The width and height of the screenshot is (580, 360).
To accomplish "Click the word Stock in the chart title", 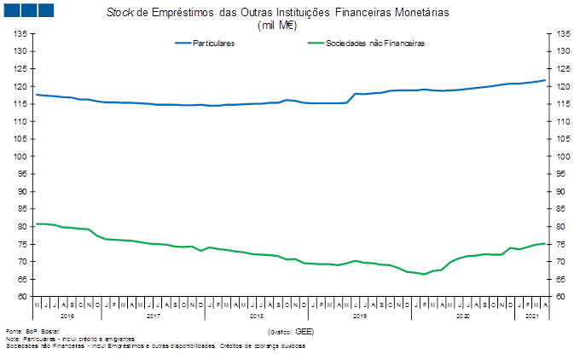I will pos(117,14).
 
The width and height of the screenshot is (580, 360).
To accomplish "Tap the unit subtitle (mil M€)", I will pos(277,26).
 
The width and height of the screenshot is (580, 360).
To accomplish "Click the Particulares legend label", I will pos(214,42).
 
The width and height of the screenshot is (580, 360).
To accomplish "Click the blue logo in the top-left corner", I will pos(28,9).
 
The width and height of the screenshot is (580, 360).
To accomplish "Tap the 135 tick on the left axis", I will pos(20,33).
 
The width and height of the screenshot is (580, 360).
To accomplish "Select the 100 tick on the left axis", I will pos(20,156).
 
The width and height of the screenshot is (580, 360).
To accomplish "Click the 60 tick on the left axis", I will pos(22,296).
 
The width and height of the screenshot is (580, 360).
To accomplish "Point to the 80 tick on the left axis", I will pos(22,226).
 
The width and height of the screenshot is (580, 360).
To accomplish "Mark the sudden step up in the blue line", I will pos(351,98).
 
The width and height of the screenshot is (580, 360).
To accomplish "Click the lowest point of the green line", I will pos(423,275).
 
